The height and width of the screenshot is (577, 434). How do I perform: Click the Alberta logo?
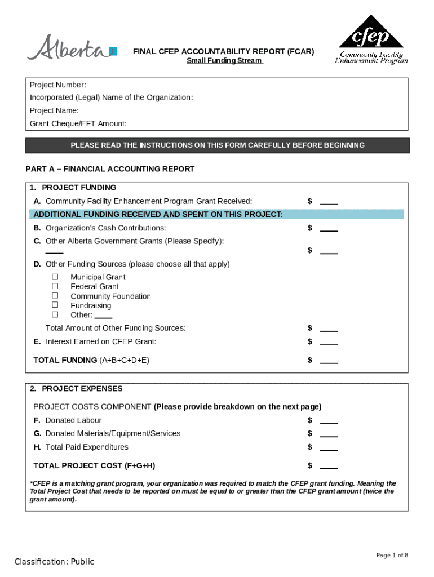[72, 48]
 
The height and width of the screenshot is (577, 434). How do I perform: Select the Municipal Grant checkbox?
[55, 277]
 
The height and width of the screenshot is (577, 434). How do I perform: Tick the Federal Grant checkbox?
[55, 286]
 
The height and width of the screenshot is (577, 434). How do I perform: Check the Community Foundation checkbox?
[55, 296]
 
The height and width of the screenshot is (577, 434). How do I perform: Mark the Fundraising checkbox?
[55, 305]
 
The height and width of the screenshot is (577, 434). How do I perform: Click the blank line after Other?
[104, 317]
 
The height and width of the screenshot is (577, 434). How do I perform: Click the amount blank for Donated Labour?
[329, 423]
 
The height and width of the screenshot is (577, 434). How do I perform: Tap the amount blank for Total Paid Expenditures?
[329, 450]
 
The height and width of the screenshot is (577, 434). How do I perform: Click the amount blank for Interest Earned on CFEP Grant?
[329, 344]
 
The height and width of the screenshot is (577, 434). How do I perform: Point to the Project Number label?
[58, 85]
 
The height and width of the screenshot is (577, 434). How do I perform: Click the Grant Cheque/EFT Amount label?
[78, 123]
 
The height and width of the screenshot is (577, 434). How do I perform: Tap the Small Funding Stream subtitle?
[224, 61]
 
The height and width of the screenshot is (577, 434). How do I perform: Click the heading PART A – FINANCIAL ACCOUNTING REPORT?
[110, 168]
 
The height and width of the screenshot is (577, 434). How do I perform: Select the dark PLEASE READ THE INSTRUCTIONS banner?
[217, 145]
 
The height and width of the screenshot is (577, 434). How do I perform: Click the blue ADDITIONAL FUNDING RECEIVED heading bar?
[217, 214]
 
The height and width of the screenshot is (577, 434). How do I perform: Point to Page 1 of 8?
[392, 556]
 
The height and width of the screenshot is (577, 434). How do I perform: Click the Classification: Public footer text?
[54, 562]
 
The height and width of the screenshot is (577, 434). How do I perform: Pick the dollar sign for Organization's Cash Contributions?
[309, 228]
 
